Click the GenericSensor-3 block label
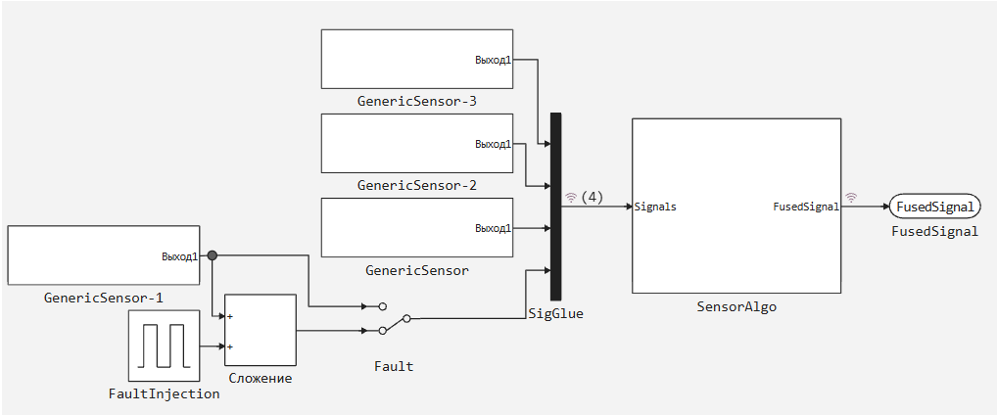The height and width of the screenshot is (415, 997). pos(416,101)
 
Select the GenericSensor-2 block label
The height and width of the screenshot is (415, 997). pos(416,185)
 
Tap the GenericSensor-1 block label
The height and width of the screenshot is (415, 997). pos(103,298)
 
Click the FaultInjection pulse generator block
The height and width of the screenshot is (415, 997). pos(164,346)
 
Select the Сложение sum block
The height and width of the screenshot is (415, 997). pos(261,330)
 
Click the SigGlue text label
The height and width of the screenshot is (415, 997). pos(555,313)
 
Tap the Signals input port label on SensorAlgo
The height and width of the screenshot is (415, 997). pos(655,207)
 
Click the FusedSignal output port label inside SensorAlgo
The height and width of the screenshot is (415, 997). pos(806,207)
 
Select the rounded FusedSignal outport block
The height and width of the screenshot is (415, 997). pos(935,207)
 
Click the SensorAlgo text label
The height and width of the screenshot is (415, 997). pos(736,306)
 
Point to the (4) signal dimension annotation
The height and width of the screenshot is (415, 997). pos(592,197)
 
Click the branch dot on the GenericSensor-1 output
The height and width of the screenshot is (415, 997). pos(213,256)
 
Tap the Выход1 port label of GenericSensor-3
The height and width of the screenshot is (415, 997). pos(493,60)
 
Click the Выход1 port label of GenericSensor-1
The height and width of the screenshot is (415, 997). pos(179,257)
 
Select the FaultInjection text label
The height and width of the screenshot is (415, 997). pos(164,393)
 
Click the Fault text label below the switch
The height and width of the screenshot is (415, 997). pos(394,366)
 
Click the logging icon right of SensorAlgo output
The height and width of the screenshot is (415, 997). pos(851,197)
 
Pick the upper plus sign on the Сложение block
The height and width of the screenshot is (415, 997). pos(230,316)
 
